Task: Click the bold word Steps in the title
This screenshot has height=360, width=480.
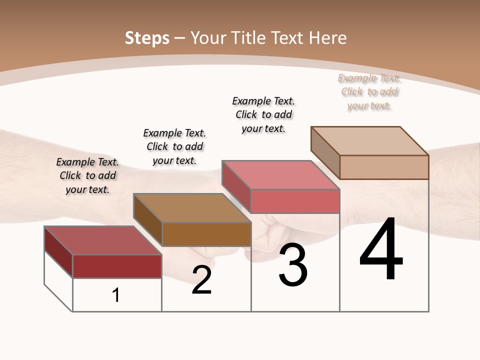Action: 147,38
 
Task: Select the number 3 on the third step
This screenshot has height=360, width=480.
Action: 292,265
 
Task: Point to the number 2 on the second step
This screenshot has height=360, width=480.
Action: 201,280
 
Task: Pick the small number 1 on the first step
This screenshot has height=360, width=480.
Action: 116,295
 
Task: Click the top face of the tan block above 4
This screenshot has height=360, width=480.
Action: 369,140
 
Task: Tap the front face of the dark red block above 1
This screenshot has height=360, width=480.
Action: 117,266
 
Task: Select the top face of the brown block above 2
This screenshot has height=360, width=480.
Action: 192,207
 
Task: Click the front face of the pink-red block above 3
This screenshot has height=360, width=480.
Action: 295,201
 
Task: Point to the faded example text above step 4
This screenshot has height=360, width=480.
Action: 369,92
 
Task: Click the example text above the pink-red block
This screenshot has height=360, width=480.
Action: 263,114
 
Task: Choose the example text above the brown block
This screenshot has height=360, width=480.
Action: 174,146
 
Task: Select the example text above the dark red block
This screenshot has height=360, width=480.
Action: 87,175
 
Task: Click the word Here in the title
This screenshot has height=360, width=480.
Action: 327,38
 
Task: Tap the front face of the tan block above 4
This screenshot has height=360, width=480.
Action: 384,167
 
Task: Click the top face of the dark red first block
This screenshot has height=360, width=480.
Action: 102,240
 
